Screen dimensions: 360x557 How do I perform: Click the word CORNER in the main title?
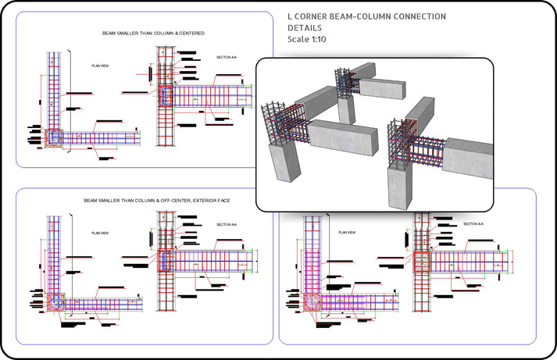pos(320,16)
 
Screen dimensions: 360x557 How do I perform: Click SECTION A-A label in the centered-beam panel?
pos(229,58)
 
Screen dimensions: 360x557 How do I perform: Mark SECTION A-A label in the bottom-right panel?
pos(473,224)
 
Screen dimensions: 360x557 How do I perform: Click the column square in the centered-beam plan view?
pos(54,137)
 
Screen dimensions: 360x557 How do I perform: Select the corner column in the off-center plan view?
pos(56,302)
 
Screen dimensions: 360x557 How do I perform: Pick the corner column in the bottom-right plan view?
pos(310,302)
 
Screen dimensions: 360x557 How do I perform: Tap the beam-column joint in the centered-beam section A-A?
pos(166,96)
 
